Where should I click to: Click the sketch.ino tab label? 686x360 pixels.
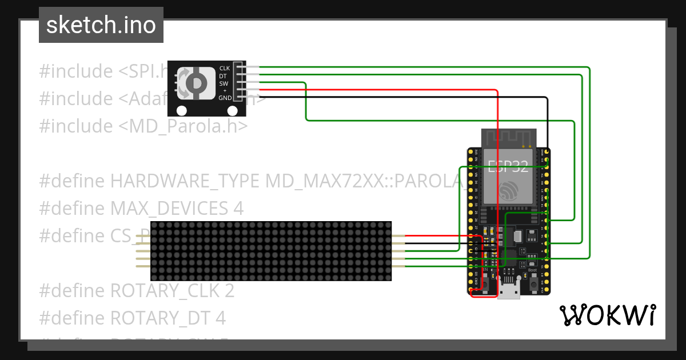[101, 25]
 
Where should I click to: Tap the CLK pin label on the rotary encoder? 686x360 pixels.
[224, 69]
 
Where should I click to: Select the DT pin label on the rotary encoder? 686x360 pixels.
[224, 76]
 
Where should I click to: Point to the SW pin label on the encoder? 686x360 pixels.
[224, 83]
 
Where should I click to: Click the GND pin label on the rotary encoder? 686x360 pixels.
[224, 98]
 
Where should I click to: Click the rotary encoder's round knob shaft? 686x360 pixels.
[196, 83]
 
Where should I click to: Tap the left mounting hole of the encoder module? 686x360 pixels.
[182, 111]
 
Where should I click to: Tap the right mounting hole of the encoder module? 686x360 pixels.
[233, 111]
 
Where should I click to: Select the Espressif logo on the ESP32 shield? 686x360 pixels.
[508, 191]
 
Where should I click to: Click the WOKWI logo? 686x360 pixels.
[607, 315]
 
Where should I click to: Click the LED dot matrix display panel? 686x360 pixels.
[271, 251]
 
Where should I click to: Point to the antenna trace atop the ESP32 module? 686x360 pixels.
[509, 137]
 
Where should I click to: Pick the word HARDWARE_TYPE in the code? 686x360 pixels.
[186, 181]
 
